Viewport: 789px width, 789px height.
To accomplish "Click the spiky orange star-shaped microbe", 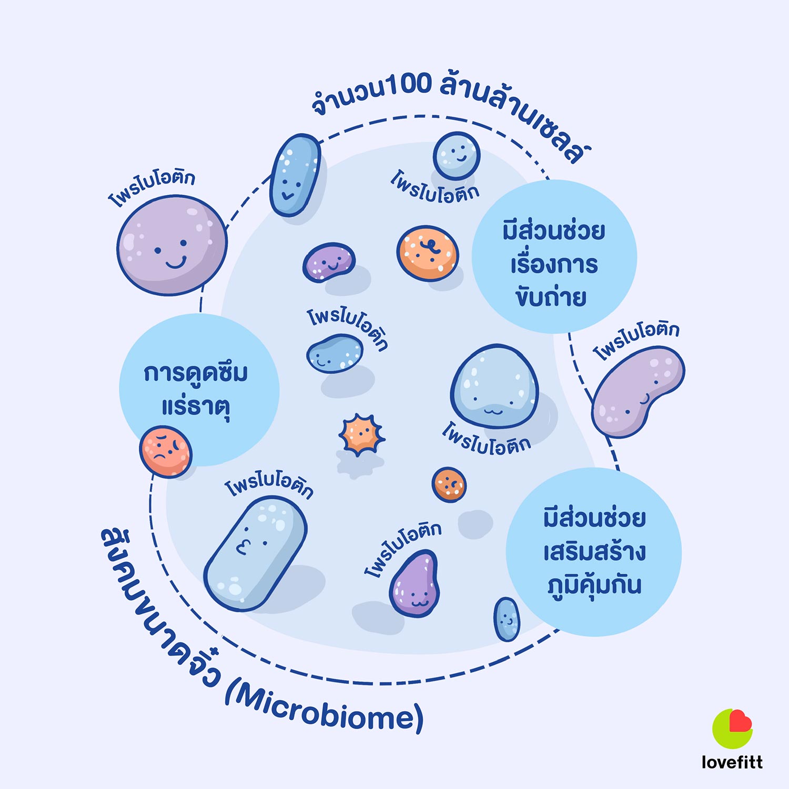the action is pos(361,434).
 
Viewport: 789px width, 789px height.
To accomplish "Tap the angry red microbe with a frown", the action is pos(166,451).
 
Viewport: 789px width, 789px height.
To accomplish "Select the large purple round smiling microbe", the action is pos(172,245).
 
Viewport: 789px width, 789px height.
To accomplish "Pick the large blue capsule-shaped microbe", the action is pos(255,553).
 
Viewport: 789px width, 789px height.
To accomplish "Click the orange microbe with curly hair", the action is pos(428,254).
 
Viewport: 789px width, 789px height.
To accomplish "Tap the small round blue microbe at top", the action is pos(457,156).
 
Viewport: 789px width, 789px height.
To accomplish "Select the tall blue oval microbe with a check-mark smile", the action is pos(295,175).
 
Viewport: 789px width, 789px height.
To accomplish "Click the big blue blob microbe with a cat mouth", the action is pos(494,386).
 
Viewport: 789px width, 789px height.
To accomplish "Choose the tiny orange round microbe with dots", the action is pos(449,484).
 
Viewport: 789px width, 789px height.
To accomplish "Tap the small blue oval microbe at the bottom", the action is pos(507,619).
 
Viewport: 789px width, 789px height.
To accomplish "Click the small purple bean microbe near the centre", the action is pos(329,262).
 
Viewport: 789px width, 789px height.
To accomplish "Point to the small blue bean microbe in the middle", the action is pos(335,354).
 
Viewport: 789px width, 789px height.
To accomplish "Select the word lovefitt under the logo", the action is pos(732,762).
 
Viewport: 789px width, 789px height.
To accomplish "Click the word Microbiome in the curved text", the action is pos(326,710).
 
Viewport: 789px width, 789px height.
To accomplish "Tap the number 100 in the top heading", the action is pos(408,85).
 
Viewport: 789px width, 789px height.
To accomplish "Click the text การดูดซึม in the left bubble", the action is pos(196,373).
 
